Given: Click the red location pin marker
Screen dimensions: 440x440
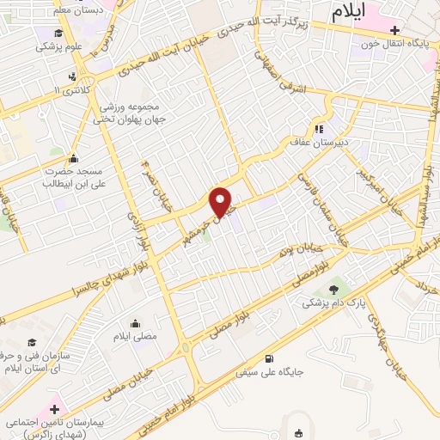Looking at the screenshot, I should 222,202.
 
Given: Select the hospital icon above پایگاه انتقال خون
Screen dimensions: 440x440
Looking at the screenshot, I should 394,30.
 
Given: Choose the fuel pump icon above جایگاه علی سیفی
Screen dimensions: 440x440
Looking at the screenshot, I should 272,358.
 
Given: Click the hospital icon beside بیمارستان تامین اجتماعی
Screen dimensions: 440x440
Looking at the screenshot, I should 57,408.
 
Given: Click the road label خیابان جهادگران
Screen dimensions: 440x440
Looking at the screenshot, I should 378,334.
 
